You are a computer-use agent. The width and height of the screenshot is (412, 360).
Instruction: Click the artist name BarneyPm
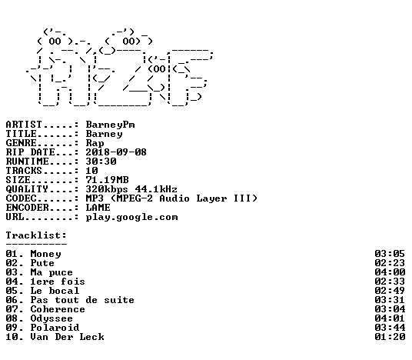pos(111,125)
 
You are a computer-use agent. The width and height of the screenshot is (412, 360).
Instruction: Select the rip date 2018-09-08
pos(116,152)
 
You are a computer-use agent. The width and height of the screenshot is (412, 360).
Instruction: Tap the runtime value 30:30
pos(101,162)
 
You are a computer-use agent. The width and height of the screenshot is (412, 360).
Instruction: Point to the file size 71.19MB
pos(107,180)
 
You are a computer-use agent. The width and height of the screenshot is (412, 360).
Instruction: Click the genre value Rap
pos(95,143)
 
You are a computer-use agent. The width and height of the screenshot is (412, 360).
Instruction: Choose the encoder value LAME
pos(98,208)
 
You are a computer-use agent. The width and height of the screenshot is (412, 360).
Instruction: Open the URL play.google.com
pos(132,217)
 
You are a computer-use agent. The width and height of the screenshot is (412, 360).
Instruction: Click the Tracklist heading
pos(36,235)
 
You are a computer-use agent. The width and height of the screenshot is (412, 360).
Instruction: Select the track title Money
pos(45,254)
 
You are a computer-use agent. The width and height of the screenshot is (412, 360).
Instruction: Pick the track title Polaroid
pos(55,328)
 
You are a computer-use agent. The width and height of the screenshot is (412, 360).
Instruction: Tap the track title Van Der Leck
pos(68,337)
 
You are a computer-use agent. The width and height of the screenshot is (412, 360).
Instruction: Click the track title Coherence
pos(58,309)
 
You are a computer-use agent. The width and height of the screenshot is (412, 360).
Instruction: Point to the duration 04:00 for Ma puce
pos(390,272)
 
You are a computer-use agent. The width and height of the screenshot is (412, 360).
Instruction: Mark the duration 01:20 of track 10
pos(390,337)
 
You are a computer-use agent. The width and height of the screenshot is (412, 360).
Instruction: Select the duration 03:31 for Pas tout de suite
pos(390,300)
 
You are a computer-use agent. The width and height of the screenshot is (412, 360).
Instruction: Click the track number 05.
pos(12,291)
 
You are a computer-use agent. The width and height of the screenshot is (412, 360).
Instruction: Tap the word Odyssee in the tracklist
pos(51,318)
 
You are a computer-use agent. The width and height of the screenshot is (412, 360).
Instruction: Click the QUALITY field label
pos(27,189)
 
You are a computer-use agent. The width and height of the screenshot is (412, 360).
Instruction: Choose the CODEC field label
pos(21,198)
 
